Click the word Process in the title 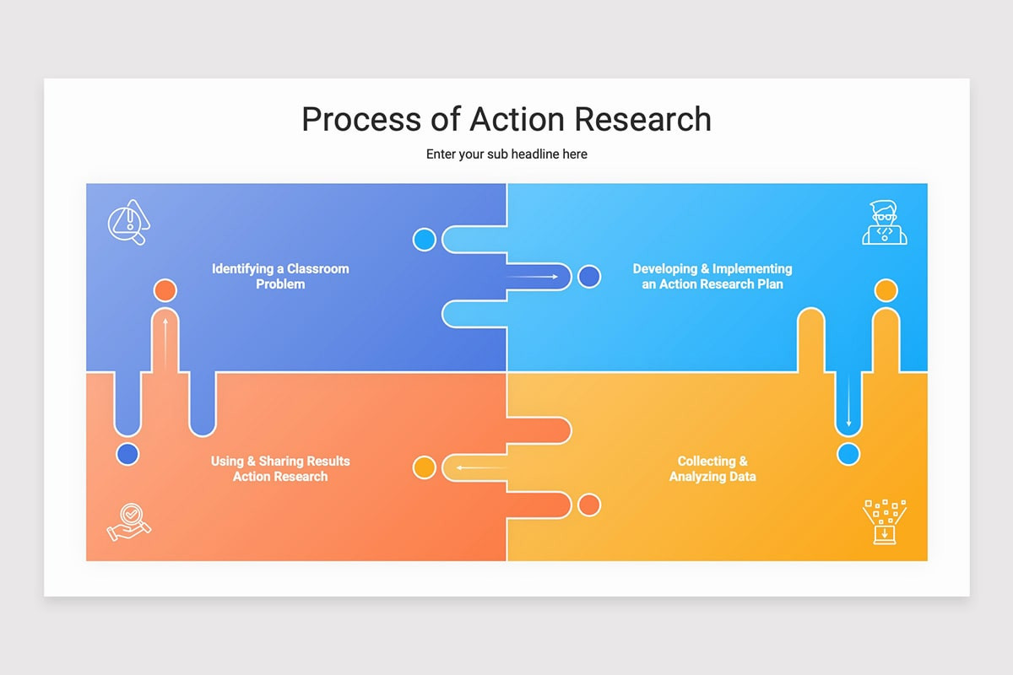click(361, 119)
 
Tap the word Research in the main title click(642, 119)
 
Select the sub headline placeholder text click(506, 154)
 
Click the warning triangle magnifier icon click(129, 222)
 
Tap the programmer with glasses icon click(885, 223)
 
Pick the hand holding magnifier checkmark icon click(129, 522)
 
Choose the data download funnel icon click(885, 521)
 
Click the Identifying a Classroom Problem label click(280, 276)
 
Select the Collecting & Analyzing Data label click(712, 468)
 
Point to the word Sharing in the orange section click(281, 462)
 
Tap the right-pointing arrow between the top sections click(533, 277)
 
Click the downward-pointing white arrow click(849, 400)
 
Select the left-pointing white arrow click(481, 468)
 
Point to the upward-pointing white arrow click(165, 343)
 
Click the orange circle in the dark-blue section click(165, 290)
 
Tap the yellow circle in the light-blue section click(886, 290)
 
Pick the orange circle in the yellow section click(589, 505)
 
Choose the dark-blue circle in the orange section click(128, 455)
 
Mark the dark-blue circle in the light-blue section click(589, 277)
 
